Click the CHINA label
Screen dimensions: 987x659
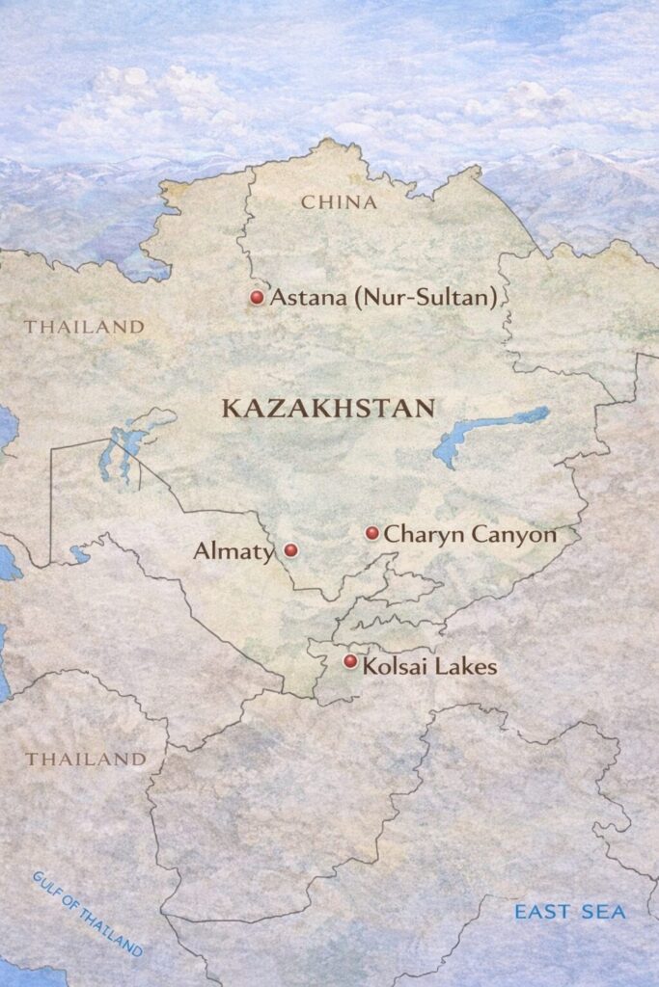(x=339, y=202)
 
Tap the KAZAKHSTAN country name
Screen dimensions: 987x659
(x=328, y=408)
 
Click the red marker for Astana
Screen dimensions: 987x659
(x=257, y=298)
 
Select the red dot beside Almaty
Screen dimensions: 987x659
(x=290, y=550)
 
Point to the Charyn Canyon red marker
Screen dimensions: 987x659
(x=372, y=533)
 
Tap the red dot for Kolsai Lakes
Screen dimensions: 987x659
(x=350, y=661)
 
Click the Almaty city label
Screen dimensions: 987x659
(x=233, y=551)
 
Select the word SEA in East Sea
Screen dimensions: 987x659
(x=608, y=912)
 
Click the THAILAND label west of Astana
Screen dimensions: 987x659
(x=84, y=327)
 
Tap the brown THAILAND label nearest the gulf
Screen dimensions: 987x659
(x=86, y=760)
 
